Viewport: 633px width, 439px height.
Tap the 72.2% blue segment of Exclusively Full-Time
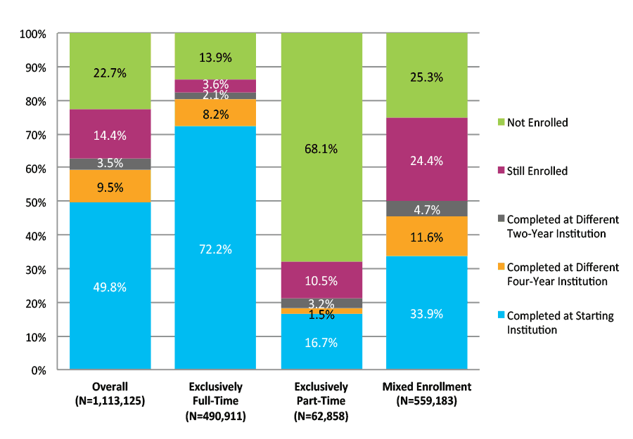tap(215, 248)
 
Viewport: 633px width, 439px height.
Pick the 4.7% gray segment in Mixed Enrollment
tap(426, 209)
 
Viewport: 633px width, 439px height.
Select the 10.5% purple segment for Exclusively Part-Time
tap(321, 280)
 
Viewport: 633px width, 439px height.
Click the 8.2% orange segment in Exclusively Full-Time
tap(215, 113)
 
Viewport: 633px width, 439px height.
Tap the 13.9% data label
tap(215, 57)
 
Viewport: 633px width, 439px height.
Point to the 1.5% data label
tap(321, 315)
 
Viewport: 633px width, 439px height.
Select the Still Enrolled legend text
tap(537, 171)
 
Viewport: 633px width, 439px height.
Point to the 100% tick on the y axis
tap(33, 34)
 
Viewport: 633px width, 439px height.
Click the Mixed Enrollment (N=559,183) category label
tap(426, 394)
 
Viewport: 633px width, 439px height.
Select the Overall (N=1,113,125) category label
tap(110, 394)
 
